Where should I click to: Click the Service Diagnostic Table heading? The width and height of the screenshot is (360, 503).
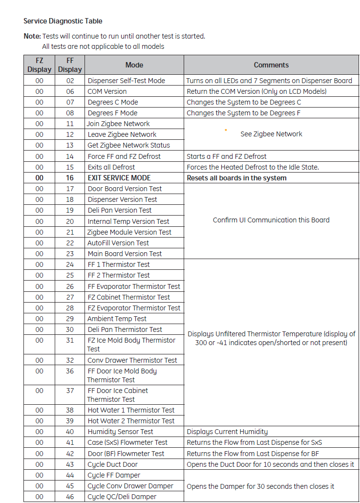click(x=63, y=21)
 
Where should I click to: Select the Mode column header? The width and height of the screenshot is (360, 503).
click(x=134, y=65)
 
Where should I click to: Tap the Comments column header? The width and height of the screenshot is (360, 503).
click(x=271, y=65)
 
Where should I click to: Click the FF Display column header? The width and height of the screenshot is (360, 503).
click(x=70, y=65)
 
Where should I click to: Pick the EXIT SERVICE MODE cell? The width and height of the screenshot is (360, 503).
click(x=119, y=178)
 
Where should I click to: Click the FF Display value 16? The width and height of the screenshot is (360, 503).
click(x=70, y=178)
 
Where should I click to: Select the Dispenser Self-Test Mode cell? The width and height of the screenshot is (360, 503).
click(x=126, y=81)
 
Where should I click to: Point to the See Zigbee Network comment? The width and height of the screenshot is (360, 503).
click(x=271, y=134)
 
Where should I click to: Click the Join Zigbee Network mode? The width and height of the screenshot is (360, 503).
click(x=118, y=124)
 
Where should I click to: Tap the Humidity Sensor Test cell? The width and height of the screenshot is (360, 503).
click(x=120, y=432)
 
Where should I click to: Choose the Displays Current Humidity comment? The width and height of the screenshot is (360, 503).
click(x=227, y=432)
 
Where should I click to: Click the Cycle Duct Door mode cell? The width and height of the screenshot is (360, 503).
click(x=112, y=464)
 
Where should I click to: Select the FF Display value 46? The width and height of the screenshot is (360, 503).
click(x=70, y=497)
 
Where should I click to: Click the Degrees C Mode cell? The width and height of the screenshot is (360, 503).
click(x=113, y=102)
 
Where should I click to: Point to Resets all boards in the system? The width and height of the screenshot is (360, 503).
click(x=236, y=178)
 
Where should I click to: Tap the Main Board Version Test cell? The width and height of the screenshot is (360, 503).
click(x=125, y=254)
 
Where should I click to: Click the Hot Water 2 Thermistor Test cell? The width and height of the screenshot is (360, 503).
click(x=131, y=421)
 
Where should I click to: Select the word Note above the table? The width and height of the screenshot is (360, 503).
click(x=32, y=36)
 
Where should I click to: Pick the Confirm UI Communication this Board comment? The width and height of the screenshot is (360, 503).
click(x=271, y=220)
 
